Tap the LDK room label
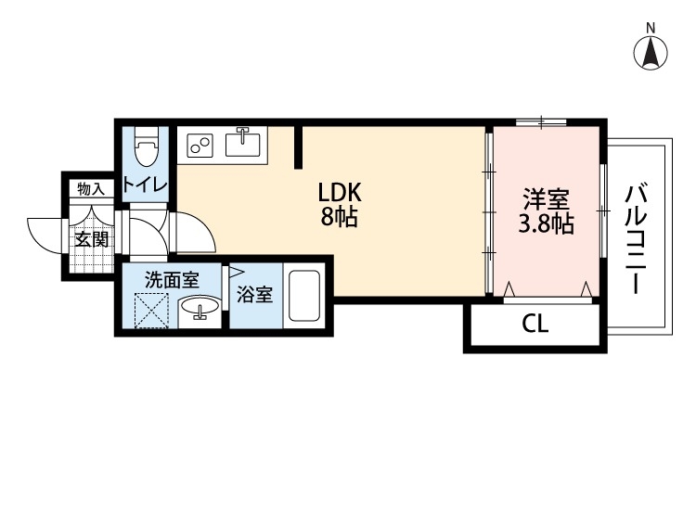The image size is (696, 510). pyautogui.click(x=339, y=193)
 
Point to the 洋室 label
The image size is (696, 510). pyautogui.click(x=545, y=198)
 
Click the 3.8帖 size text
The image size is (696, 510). pyautogui.click(x=545, y=223)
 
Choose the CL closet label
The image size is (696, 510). pyautogui.click(x=535, y=325)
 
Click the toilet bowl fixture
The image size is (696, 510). pyautogui.click(x=146, y=148)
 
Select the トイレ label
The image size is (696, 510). pyautogui.click(x=146, y=185)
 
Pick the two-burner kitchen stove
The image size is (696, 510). pyautogui.click(x=200, y=145)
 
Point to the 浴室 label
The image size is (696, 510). pyautogui.click(x=254, y=296)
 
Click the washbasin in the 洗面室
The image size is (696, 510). pyautogui.click(x=197, y=309)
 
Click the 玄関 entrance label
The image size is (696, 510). pyautogui.click(x=92, y=239)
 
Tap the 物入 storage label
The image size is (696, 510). pyautogui.click(x=91, y=189)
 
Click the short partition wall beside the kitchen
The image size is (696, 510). pyautogui.click(x=299, y=147)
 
